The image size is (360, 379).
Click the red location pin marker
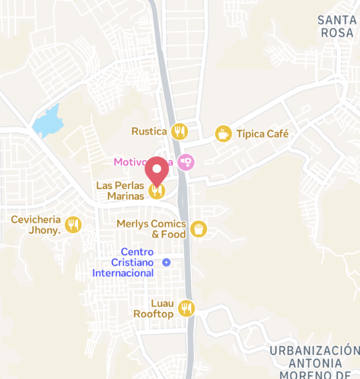(157, 171)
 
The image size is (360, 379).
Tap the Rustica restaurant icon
(179, 131)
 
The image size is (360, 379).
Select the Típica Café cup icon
(223, 134)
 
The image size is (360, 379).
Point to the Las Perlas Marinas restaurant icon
(157, 191)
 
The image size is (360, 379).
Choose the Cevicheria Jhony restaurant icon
(73, 225)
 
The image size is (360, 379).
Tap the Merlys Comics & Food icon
(198, 229)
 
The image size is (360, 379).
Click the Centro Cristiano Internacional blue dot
(167, 262)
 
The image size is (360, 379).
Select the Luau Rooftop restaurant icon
(187, 308)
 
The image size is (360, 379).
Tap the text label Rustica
(148, 131)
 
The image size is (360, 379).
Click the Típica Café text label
(263, 134)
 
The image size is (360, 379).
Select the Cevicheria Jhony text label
(36, 225)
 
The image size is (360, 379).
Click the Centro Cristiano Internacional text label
(124, 262)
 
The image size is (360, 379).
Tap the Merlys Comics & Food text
(152, 229)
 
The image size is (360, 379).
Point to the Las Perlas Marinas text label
(120, 191)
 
